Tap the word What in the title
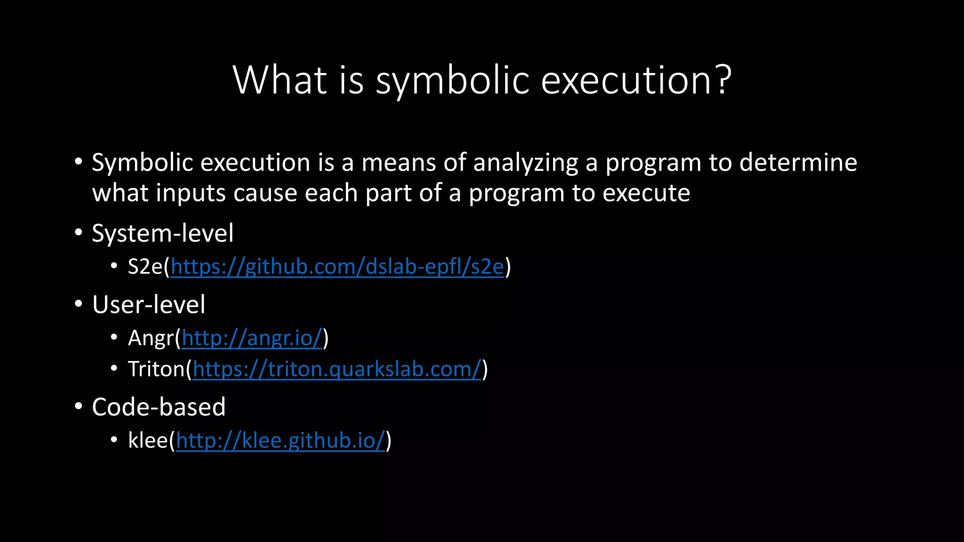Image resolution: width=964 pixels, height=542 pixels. click(x=280, y=80)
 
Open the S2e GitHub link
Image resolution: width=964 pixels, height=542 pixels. click(x=337, y=267)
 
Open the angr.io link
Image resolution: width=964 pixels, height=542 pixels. click(x=252, y=338)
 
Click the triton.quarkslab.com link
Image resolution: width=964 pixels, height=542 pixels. click(x=337, y=369)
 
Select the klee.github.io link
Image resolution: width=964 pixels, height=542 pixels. click(x=281, y=441)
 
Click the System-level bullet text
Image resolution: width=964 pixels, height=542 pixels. click(x=162, y=233)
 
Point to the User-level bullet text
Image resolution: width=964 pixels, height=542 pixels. click(x=149, y=305)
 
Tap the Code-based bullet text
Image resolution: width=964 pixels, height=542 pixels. click(x=159, y=407)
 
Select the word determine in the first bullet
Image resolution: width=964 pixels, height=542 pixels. click(x=798, y=162)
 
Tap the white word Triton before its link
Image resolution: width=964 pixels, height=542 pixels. click(x=156, y=369)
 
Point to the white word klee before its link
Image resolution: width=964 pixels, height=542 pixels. click(x=148, y=441)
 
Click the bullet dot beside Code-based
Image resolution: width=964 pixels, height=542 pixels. click(x=79, y=406)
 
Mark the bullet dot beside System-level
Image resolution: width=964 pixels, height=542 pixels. click(x=79, y=232)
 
